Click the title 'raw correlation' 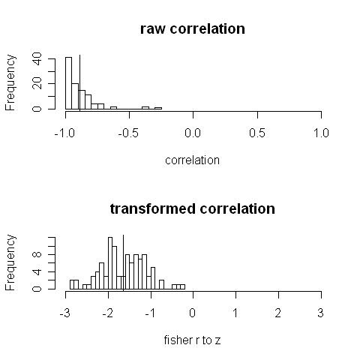[x=192, y=29]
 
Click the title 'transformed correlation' [x=192, y=208]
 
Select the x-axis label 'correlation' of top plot [x=193, y=160]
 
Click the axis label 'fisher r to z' [x=193, y=340]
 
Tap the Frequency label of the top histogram [x=11, y=83]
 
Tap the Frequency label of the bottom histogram [x=11, y=262]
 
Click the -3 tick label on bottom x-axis [x=65, y=312]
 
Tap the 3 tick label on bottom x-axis [x=321, y=312]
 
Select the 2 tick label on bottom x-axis [x=278, y=312]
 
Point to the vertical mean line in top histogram [x=79, y=82]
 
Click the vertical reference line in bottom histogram [x=123, y=262]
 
